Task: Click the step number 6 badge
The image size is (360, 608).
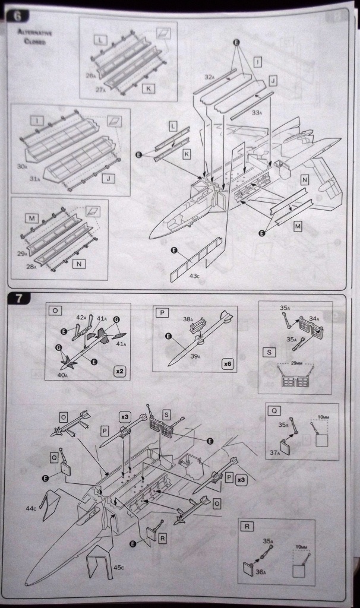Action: pyautogui.click(x=17, y=16)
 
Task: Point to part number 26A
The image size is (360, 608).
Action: pyautogui.click(x=90, y=76)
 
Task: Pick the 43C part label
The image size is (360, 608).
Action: pyautogui.click(x=195, y=275)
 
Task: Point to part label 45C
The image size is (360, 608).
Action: pyautogui.click(x=119, y=568)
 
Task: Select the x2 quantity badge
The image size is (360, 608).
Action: pyautogui.click(x=120, y=371)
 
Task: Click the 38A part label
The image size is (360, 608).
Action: pyautogui.click(x=187, y=319)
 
